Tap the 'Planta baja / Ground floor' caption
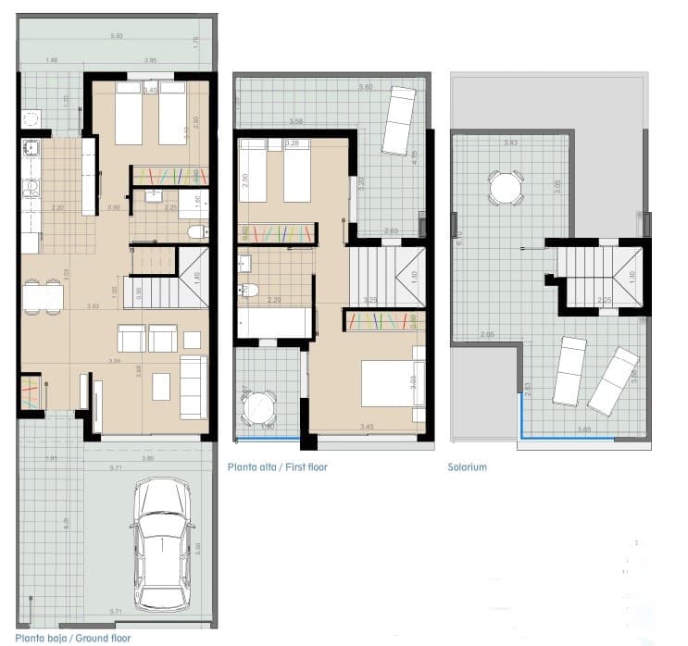[x=73, y=638]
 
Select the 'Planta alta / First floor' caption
[x=277, y=467]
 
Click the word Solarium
[x=467, y=467]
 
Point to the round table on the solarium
[x=506, y=189]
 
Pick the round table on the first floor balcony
[x=258, y=405]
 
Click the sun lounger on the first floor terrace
[x=399, y=120]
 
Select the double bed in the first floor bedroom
[x=392, y=382]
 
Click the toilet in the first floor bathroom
[x=247, y=290]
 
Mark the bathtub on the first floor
[x=275, y=323]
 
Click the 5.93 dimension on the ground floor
[x=117, y=36]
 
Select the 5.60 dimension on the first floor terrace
[x=367, y=87]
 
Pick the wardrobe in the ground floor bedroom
[x=169, y=175]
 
